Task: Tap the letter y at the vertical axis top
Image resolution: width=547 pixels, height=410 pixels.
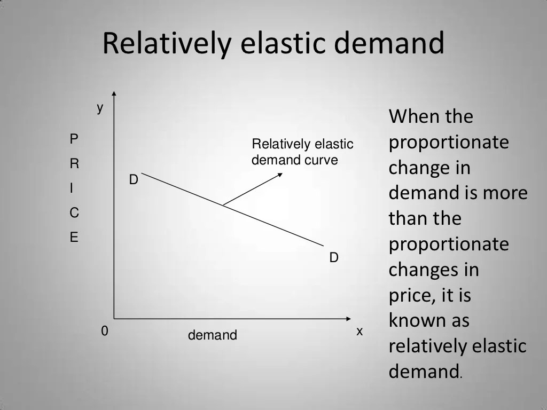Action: [x=100, y=109]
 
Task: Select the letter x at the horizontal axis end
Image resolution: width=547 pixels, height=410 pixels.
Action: [x=360, y=332]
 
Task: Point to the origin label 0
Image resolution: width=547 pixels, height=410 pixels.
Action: [x=105, y=332]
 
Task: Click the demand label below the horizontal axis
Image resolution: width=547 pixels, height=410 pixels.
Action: [x=212, y=335]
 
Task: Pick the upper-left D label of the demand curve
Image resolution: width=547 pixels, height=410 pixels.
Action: [x=134, y=180]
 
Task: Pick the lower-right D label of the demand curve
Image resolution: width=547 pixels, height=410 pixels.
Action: [x=334, y=258]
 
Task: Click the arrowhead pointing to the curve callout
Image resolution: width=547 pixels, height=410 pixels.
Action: [x=280, y=174]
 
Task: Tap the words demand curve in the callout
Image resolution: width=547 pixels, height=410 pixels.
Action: [x=295, y=160]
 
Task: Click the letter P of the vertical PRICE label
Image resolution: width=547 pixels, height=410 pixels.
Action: [x=74, y=139]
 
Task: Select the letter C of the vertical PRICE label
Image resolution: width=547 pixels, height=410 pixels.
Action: [x=74, y=213]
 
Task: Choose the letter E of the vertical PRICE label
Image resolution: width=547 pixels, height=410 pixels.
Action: [x=74, y=238]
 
